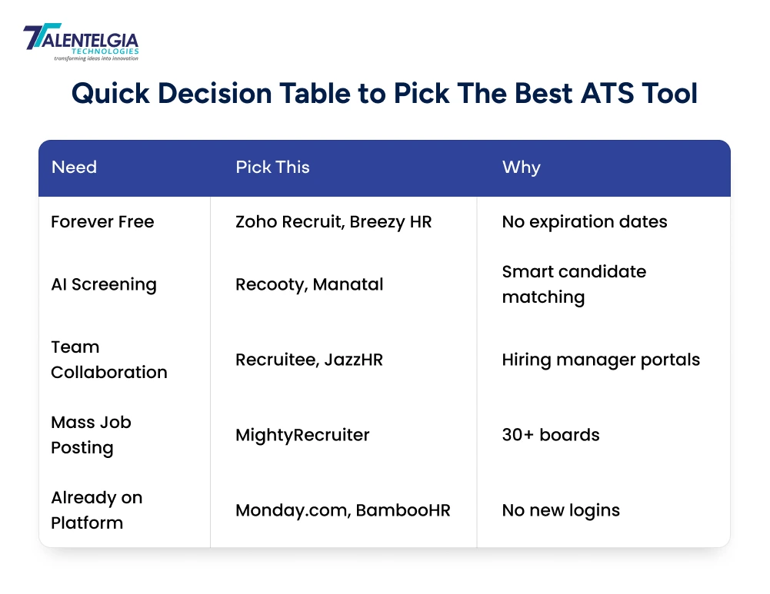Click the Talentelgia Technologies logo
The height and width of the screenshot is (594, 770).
[x=80, y=41]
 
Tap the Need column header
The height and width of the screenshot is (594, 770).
[x=74, y=168]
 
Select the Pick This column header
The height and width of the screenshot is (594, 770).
[x=272, y=168]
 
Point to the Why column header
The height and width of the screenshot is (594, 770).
[x=521, y=168]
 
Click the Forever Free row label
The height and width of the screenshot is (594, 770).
[x=102, y=222]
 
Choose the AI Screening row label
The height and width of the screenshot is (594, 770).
[x=104, y=284]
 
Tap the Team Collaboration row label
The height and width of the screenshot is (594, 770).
[x=108, y=360]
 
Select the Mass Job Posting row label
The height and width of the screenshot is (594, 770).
[x=91, y=435]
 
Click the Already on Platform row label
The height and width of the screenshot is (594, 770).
[x=96, y=510]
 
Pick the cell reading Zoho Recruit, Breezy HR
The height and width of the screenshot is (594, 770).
[x=333, y=222]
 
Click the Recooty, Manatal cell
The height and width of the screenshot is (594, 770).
[x=309, y=284]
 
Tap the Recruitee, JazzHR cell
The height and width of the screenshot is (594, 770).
[x=308, y=360]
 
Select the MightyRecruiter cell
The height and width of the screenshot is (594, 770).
[x=302, y=435]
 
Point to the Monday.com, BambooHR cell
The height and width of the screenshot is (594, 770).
[x=342, y=510]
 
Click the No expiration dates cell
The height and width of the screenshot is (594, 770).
[x=584, y=222]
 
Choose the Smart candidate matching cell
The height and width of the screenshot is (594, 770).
[x=574, y=284]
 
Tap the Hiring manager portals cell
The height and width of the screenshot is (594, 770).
[x=601, y=360]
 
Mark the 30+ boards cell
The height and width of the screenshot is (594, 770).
[x=550, y=435]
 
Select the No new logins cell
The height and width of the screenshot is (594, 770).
[x=560, y=510]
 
